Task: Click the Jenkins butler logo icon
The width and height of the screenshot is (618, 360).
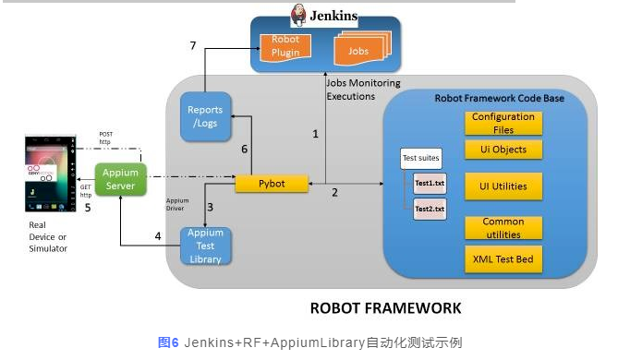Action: (299, 16)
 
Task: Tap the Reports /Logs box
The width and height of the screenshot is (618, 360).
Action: (204, 117)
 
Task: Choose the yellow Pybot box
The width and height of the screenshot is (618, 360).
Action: (272, 184)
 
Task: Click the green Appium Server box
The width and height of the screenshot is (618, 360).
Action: (121, 179)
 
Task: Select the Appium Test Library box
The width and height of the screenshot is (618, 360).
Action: (204, 246)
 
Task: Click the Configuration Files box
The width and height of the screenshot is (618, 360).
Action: (503, 123)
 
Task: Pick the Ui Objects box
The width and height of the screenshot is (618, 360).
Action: (503, 150)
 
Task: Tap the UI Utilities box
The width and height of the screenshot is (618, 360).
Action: (503, 186)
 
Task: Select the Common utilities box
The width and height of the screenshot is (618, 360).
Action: (503, 228)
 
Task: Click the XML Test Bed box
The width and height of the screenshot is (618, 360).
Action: (503, 258)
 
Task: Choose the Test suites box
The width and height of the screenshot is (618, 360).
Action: (421, 159)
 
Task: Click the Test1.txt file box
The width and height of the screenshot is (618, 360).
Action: (430, 183)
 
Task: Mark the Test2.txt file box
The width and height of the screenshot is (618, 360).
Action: (430, 210)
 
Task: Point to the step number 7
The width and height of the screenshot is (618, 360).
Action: (193, 45)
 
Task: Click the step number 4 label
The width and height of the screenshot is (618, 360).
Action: (157, 236)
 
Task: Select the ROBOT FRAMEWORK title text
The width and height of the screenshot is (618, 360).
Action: (385, 307)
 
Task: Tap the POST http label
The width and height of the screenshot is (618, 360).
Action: (106, 137)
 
